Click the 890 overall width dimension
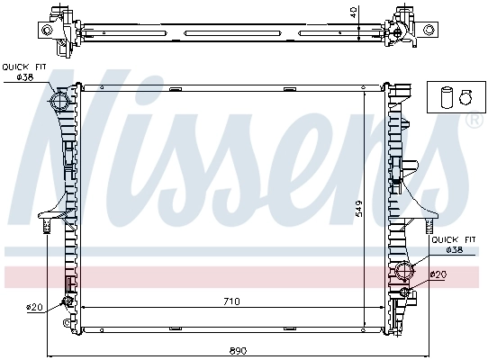238,349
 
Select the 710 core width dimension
231,301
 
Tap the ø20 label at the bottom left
35,307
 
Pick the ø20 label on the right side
438,274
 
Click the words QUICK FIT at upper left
23,67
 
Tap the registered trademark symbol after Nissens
472,118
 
